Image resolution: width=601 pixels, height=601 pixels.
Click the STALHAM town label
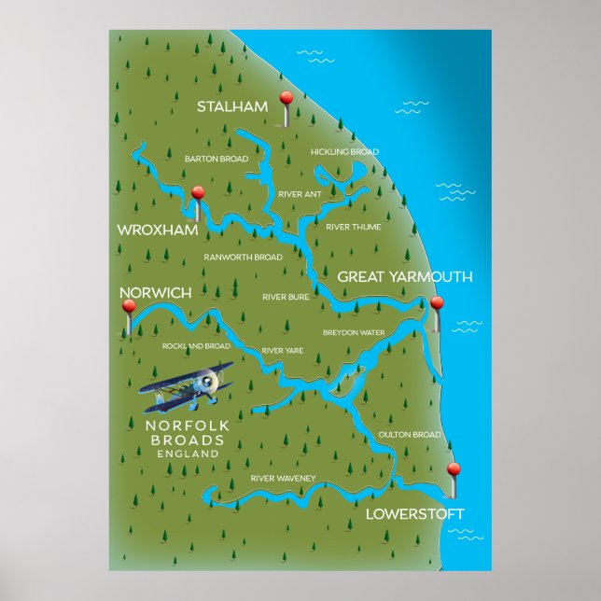coord(231,106)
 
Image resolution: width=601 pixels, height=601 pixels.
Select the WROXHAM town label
coord(153,229)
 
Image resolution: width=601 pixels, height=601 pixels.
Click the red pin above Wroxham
coord(198,193)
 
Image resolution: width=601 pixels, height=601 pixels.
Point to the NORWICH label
coord(156,293)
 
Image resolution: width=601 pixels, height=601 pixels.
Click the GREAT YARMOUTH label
coord(404,277)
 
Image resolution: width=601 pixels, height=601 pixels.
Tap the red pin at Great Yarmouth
coord(436,303)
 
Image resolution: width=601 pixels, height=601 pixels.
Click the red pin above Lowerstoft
coord(454,469)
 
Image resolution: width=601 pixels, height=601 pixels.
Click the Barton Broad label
coord(217,159)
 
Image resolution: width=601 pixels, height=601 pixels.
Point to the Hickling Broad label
coord(344,151)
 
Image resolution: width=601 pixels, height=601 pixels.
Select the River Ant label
coord(299,194)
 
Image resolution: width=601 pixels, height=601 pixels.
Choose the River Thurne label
coord(353,227)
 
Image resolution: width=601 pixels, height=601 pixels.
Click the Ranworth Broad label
coord(243,257)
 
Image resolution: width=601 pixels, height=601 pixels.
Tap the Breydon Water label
coord(354,332)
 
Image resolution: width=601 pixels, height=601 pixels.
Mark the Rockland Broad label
coord(196,346)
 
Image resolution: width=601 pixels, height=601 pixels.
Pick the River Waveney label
coord(283,479)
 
